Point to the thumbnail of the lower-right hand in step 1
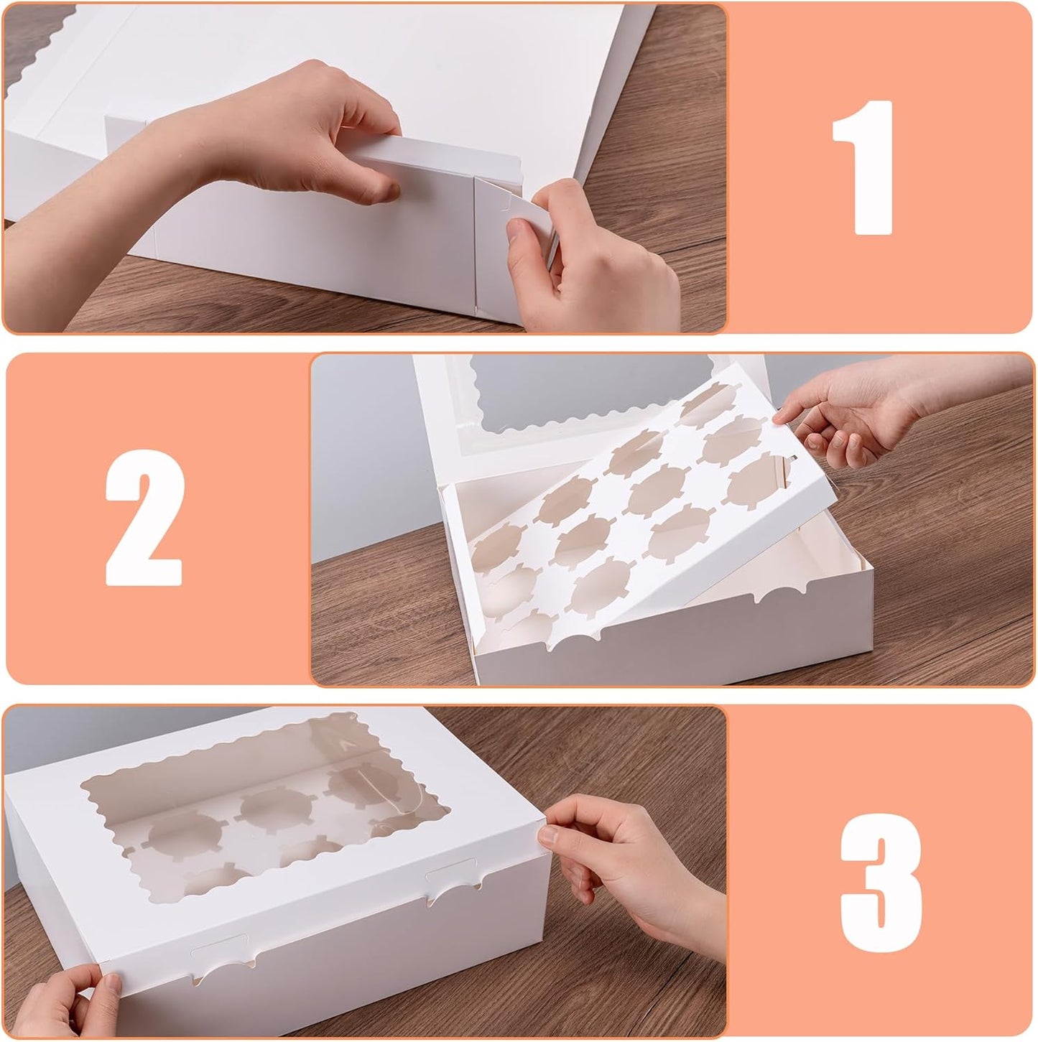516,228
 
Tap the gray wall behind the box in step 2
359,445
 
